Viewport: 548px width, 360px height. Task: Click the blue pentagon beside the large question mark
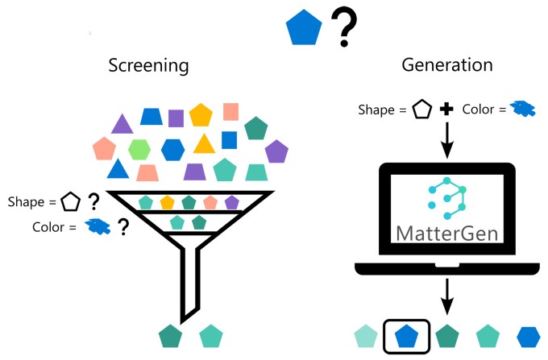click(304, 30)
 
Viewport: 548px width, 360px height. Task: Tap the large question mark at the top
click(345, 29)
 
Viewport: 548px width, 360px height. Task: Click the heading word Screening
click(149, 66)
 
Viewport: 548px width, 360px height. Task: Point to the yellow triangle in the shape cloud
click(204, 144)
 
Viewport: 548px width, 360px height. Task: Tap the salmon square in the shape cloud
click(231, 112)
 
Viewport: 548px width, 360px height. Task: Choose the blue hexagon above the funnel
click(172, 149)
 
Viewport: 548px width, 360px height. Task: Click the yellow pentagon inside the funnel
click(167, 202)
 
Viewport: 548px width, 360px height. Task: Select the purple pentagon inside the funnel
click(232, 202)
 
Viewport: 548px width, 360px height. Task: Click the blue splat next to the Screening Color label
click(98, 228)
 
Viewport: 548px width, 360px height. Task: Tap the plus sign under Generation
click(446, 109)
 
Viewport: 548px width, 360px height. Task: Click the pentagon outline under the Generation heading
click(420, 109)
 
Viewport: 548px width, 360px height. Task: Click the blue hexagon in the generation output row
click(529, 335)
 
